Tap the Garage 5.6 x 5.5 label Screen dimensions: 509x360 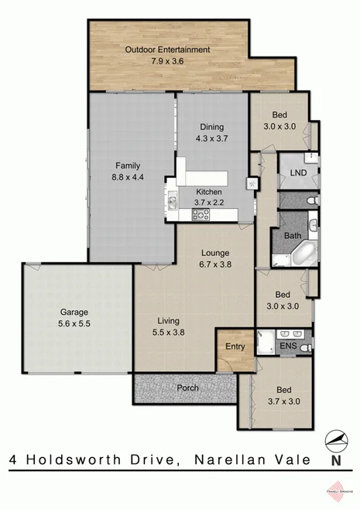coord(75,319)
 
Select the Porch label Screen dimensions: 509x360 coord(187,388)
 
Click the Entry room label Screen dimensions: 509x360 coord(235,347)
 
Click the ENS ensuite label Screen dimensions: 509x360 coord(289,346)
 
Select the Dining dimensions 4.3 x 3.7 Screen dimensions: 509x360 coord(211,139)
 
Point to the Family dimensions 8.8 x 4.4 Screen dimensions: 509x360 coord(128,176)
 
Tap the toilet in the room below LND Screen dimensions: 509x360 coord(311,201)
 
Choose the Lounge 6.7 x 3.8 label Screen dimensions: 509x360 coord(218,258)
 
